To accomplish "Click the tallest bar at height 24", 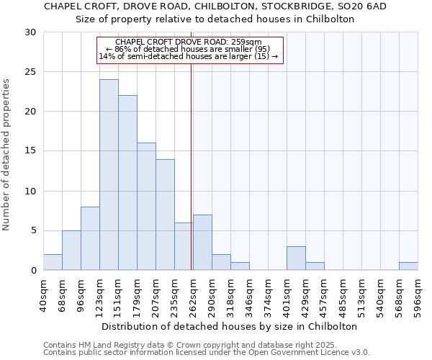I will click(x=109, y=175).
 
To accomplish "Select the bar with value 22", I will click(x=127, y=183).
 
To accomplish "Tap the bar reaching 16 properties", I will click(x=146, y=207).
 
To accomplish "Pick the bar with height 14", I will click(x=165, y=215).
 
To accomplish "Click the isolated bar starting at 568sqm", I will click(x=408, y=266).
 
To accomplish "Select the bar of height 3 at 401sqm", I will click(x=296, y=258).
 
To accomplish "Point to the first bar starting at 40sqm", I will click(x=53, y=262).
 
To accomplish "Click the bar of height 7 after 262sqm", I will click(x=202, y=243).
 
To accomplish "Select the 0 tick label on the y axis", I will click(x=32, y=271).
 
